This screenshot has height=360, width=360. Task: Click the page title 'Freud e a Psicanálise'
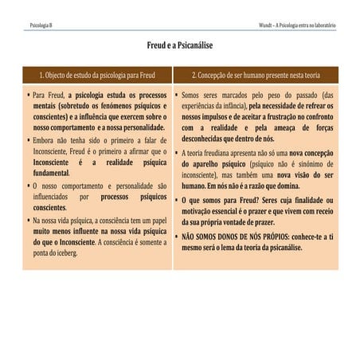click(179, 47)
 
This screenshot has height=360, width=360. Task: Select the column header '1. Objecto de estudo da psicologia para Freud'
click(97, 75)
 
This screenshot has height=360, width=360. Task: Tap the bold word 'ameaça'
click(284, 127)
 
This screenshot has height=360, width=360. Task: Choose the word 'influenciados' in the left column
click(52, 196)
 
